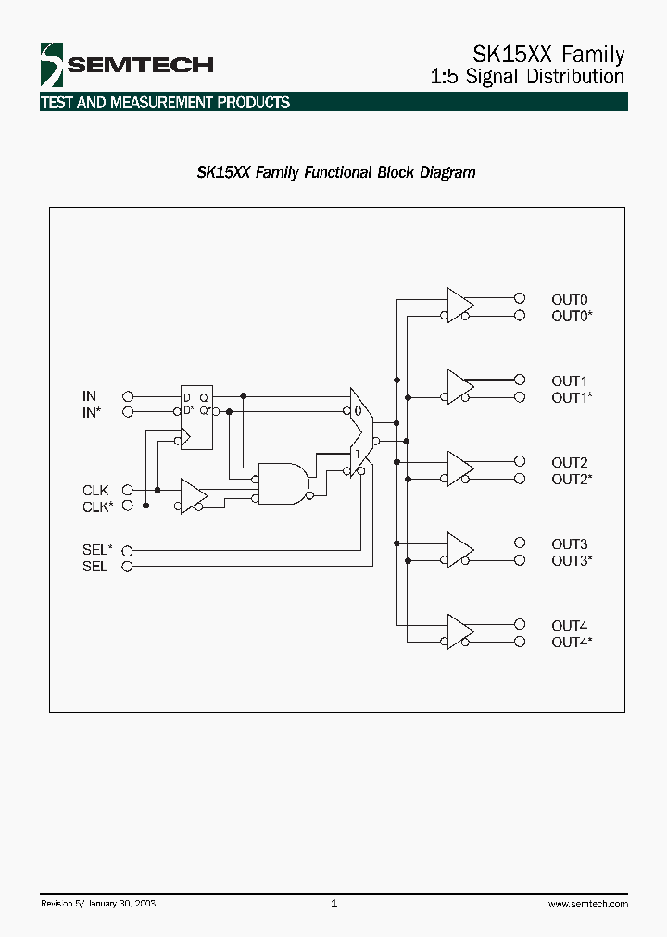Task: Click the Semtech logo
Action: pyautogui.click(x=126, y=64)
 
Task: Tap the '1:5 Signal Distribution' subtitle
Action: pyautogui.click(x=528, y=77)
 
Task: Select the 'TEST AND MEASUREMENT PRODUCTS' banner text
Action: pyautogui.click(x=165, y=103)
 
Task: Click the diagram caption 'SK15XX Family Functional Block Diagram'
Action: pyautogui.click(x=336, y=172)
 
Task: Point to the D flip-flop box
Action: pyautogui.click(x=195, y=417)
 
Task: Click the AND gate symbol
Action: pyautogui.click(x=283, y=481)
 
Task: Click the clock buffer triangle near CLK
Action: pyautogui.click(x=193, y=497)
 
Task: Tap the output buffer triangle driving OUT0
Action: pyautogui.click(x=459, y=306)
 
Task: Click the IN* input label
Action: pyautogui.click(x=91, y=413)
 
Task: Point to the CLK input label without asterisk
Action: pyautogui.click(x=94, y=490)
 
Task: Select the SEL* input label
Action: pyautogui.click(x=96, y=549)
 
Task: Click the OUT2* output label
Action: pyautogui.click(x=572, y=480)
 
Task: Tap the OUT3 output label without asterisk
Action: pyautogui.click(x=569, y=544)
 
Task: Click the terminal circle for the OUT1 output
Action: pyautogui.click(x=520, y=380)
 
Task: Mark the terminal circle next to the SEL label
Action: pyautogui.click(x=128, y=566)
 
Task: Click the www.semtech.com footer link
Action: pyautogui.click(x=587, y=904)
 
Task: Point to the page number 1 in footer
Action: pyautogui.click(x=333, y=904)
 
